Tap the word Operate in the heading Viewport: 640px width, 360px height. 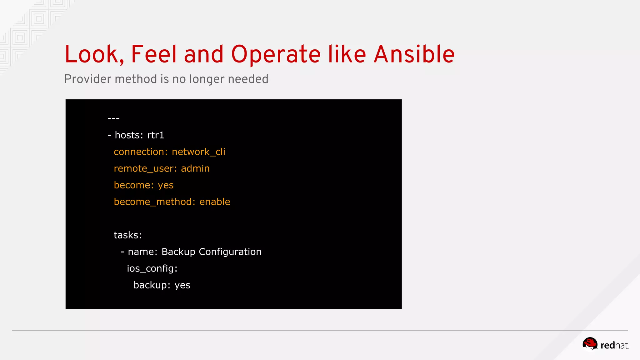point(276,54)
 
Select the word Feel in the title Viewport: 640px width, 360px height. point(154,54)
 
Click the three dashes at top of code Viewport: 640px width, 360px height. point(113,118)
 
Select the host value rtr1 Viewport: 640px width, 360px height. point(156,135)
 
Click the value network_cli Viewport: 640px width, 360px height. point(198,152)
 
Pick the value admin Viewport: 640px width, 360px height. point(195,168)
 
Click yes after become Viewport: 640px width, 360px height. point(166,185)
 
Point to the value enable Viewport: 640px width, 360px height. point(215,202)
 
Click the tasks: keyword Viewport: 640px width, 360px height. point(127,235)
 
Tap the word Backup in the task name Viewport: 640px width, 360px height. point(178,252)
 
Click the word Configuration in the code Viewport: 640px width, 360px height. point(230,252)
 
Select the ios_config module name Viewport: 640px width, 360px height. point(152,268)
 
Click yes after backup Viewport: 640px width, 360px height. point(182,285)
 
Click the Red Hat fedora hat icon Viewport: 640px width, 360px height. point(590,344)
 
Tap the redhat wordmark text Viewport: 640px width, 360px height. point(614,345)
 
